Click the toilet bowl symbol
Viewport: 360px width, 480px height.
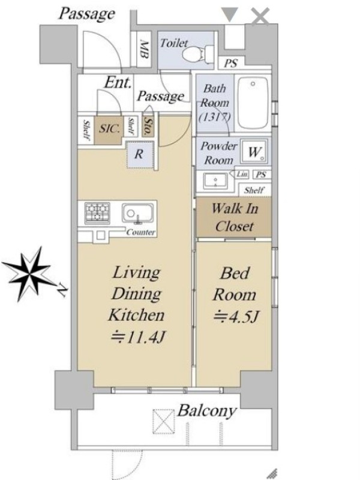click(199, 54)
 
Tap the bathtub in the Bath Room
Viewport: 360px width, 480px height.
click(253, 103)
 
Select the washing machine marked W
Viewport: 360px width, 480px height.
click(254, 151)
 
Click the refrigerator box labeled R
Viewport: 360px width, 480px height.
click(140, 154)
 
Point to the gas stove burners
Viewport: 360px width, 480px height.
click(97, 213)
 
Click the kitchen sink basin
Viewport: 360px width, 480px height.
click(137, 213)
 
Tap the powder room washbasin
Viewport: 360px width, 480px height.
click(215, 181)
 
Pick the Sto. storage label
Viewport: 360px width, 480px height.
click(148, 126)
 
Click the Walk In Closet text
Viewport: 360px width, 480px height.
click(235, 217)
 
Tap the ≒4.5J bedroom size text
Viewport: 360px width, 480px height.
click(236, 316)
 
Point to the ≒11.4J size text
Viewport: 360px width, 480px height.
click(138, 337)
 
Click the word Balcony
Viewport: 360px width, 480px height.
click(207, 411)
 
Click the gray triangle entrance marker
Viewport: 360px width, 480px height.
click(230, 14)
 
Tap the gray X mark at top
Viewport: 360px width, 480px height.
click(260, 16)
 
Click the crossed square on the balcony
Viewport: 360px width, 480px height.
click(163, 422)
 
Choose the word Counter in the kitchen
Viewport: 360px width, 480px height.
click(141, 232)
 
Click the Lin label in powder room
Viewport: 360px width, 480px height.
click(242, 174)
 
